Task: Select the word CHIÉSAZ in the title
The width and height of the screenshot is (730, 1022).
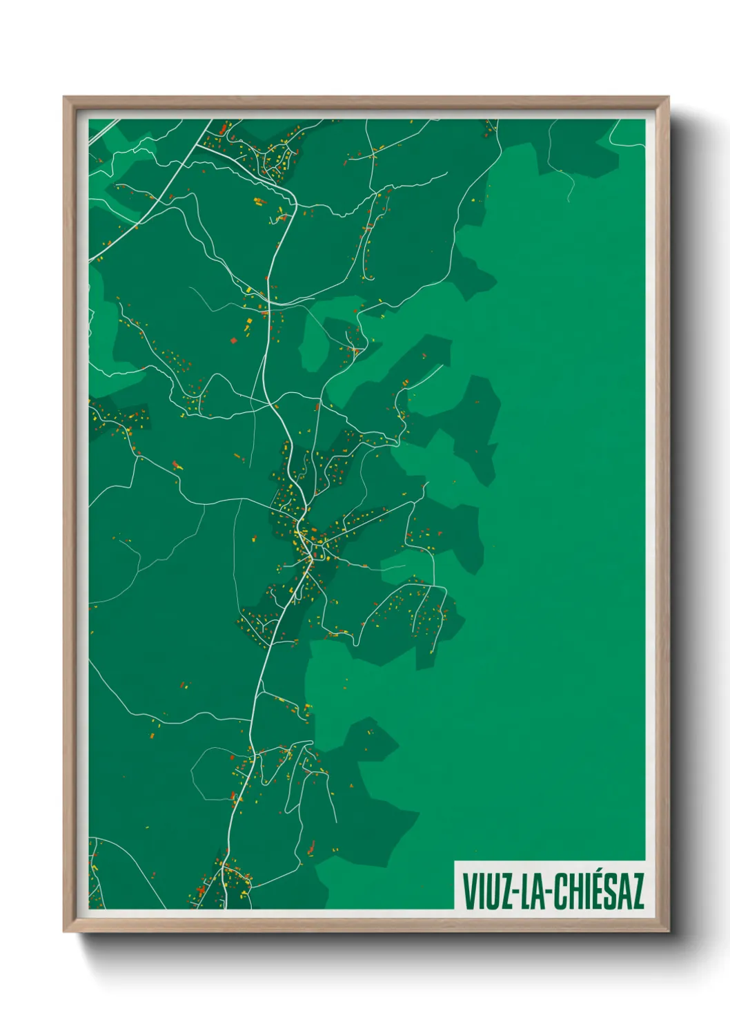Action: point(598,891)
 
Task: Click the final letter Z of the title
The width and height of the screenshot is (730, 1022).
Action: point(638,891)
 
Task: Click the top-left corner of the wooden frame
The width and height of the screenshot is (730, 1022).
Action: point(64,97)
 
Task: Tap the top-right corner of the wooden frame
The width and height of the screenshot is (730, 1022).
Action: point(668,97)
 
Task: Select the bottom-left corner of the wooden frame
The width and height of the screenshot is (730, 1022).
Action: point(64,932)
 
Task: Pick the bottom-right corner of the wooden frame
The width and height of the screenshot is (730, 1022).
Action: point(668,932)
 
